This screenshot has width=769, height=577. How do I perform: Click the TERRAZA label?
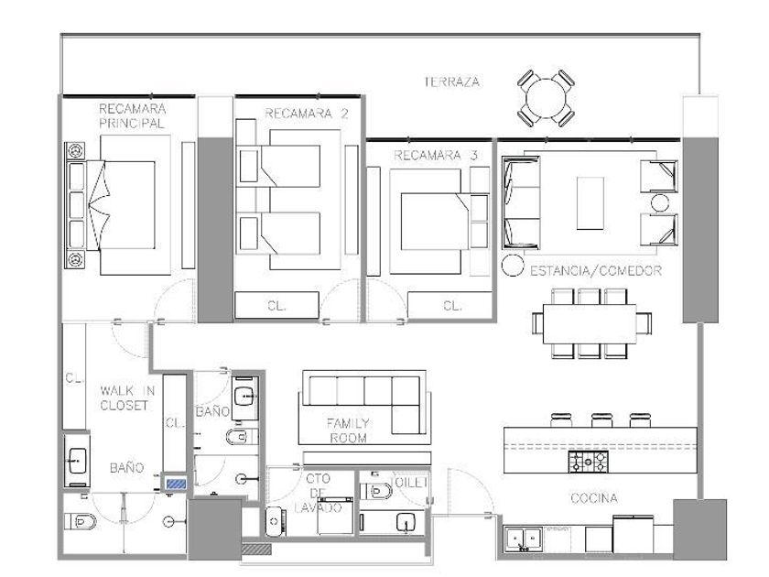pos(451,82)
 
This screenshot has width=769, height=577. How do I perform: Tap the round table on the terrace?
pos(546,98)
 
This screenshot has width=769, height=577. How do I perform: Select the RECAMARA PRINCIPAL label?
pos(132,115)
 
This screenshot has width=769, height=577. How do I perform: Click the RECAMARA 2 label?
pos(306,114)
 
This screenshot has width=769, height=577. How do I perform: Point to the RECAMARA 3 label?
pos(436,156)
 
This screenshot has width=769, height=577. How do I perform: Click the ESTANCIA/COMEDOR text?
pos(596,270)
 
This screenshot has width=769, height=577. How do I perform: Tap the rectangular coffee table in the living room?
pos(590,202)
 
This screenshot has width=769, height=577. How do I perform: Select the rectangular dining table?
pos(590,324)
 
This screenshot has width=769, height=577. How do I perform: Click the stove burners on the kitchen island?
pos(588,462)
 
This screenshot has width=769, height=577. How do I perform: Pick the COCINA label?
pos(594,498)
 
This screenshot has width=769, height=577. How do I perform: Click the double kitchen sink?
pos(524,540)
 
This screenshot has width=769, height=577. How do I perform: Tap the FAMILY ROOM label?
pos(348,430)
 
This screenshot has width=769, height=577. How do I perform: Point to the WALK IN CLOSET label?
pos(127,397)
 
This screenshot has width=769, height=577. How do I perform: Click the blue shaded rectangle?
pos(176,484)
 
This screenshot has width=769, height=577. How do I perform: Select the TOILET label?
pos(409,483)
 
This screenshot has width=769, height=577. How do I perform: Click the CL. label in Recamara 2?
pos(276,306)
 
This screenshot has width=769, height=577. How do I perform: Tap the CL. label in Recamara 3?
pos(452,306)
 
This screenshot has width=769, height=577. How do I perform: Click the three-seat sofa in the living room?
pos(521,202)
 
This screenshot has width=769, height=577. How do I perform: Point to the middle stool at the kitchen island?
pos(601,420)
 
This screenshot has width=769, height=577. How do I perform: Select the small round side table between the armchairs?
pos(660,202)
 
